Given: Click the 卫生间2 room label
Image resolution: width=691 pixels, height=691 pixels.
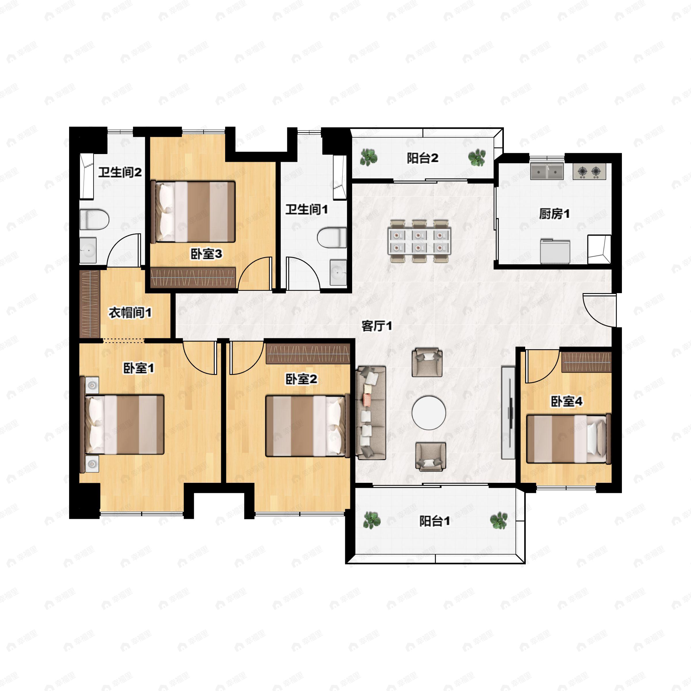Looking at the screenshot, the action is click(x=120, y=173).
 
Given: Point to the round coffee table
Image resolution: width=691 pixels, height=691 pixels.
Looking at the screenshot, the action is click(x=428, y=413).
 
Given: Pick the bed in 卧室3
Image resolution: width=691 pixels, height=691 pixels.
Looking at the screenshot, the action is click(x=193, y=211).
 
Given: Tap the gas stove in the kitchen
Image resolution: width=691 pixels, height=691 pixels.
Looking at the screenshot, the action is click(x=589, y=172).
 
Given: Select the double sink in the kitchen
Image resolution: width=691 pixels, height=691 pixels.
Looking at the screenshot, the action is click(x=547, y=171).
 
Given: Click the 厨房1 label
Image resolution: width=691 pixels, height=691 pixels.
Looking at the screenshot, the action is click(x=554, y=214).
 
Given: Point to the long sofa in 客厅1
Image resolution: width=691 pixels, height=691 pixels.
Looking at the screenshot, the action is click(x=371, y=412).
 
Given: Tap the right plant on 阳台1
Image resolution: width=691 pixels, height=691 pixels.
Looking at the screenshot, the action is click(x=499, y=520).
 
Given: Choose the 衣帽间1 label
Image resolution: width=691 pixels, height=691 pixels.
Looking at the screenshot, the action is click(x=130, y=313).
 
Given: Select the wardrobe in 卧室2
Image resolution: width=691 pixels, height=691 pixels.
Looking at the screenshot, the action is click(x=307, y=354).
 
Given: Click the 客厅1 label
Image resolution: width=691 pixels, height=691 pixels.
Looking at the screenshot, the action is click(x=377, y=326).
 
